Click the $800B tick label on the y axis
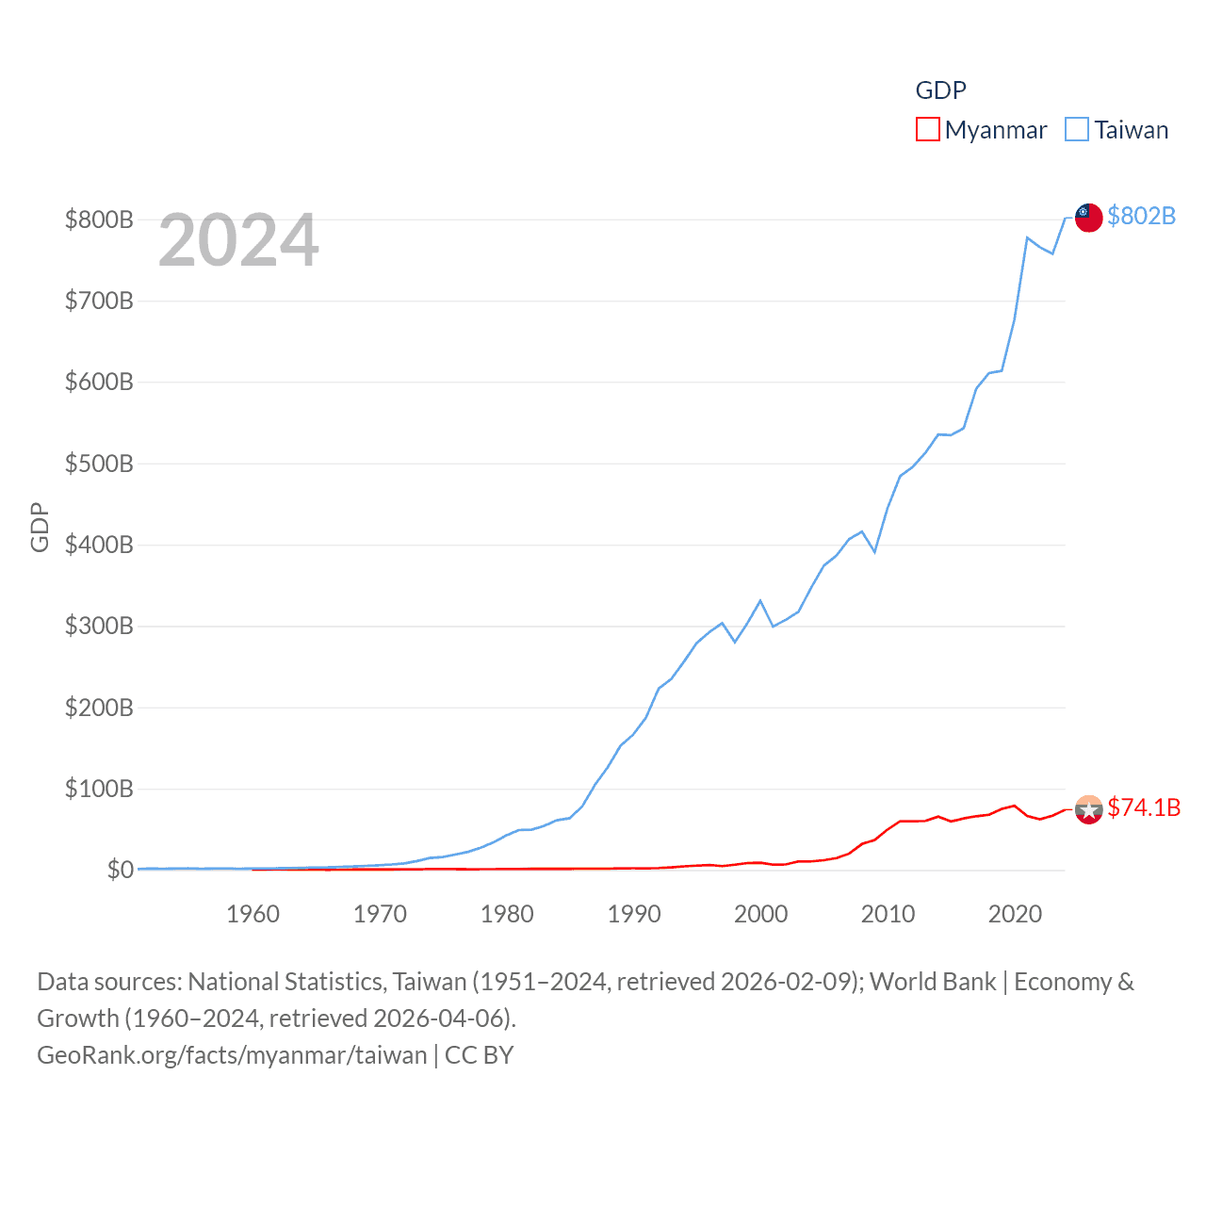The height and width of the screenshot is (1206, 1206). click(99, 220)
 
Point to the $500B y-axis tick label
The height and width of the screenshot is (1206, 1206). click(99, 464)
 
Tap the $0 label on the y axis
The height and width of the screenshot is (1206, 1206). click(120, 870)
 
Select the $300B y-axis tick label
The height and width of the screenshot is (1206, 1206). click(99, 626)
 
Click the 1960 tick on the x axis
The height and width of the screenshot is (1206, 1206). click(253, 914)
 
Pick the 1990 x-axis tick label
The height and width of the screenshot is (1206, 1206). click(634, 914)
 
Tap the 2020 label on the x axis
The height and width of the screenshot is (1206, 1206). click(1015, 914)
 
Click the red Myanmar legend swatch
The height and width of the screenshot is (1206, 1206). click(927, 129)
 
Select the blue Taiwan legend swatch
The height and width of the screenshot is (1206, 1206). click(1077, 129)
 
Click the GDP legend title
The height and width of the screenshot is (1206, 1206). click(940, 90)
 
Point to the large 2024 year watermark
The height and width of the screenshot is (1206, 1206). click(238, 240)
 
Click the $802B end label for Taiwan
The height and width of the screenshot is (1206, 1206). click(1141, 216)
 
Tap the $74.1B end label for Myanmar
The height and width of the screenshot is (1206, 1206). click(1144, 807)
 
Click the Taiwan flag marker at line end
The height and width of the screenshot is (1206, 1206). click(1089, 217)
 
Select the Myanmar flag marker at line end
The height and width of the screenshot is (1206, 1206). click(1089, 809)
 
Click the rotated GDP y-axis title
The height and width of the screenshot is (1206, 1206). click(40, 528)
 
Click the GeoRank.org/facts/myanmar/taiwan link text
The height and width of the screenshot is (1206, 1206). click(232, 1054)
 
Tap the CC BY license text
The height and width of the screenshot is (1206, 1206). click(479, 1054)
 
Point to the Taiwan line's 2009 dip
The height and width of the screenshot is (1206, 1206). click(875, 552)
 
